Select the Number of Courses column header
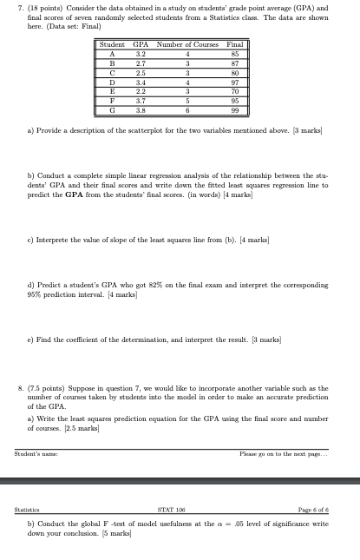click(187, 44)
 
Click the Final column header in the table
click(232, 44)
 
